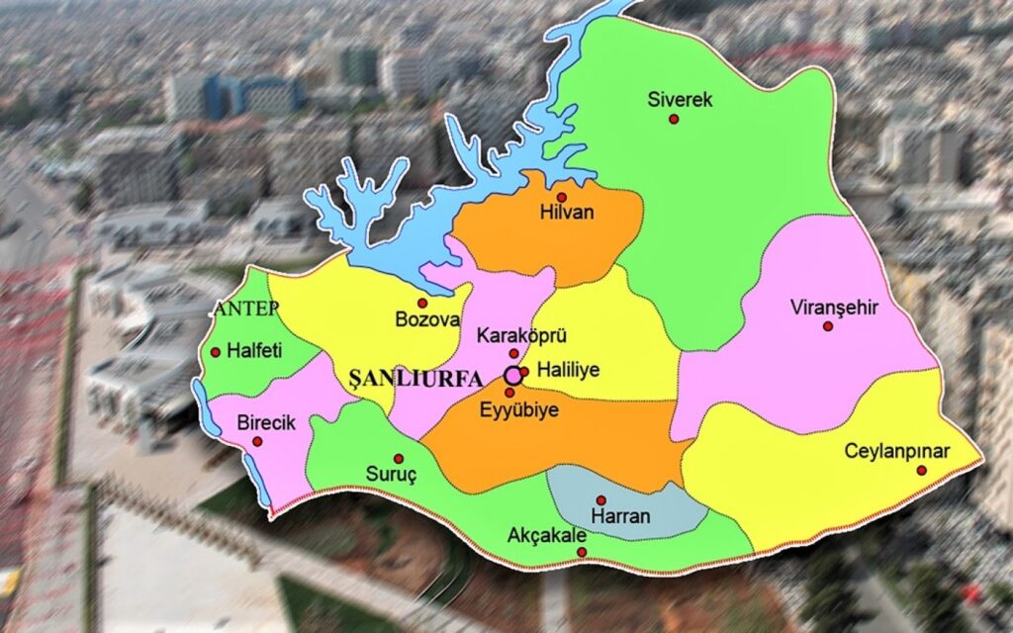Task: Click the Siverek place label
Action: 680,99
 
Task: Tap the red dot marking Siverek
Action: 674,119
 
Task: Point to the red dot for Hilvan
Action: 561,197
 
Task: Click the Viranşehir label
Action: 834,307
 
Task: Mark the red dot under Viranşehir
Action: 828,325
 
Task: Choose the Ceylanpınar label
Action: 896,451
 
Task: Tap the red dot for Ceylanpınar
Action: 921,471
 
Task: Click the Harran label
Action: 619,516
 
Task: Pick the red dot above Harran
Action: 600,500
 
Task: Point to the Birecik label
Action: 266,422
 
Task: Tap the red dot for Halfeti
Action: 216,351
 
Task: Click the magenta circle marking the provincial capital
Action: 512,376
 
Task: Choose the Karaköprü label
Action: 509,336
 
